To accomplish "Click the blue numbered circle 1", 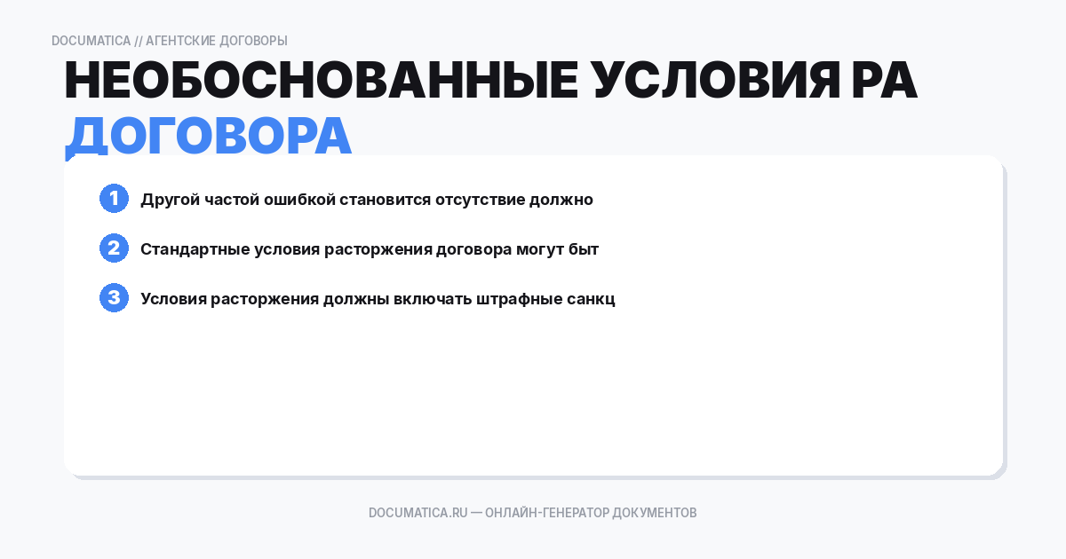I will click(x=114, y=199).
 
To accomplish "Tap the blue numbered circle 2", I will click(x=114, y=248).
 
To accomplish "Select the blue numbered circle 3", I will click(x=114, y=298).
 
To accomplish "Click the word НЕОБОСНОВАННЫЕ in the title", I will click(x=320, y=83).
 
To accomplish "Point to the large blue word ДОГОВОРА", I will click(x=209, y=136).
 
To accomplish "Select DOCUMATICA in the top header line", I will click(x=91, y=41).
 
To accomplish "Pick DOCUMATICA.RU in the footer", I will click(x=418, y=513).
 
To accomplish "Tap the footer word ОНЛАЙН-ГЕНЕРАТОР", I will click(x=546, y=513).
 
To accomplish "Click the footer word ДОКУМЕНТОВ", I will click(x=655, y=513).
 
